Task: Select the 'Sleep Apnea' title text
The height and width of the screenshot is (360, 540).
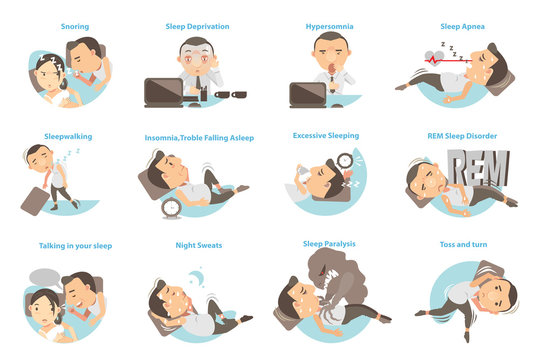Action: (x=462, y=27)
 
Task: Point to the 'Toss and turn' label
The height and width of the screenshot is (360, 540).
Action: (x=463, y=244)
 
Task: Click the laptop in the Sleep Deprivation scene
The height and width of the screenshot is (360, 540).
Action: (x=164, y=92)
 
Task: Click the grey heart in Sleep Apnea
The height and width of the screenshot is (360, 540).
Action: (x=431, y=57)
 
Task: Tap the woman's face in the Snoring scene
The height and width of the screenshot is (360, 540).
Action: (x=46, y=71)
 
